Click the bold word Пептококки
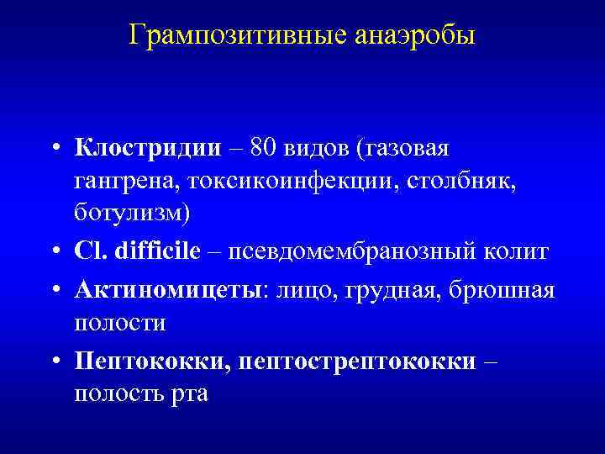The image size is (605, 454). [x=151, y=359]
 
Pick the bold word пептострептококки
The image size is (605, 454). [x=357, y=359]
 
